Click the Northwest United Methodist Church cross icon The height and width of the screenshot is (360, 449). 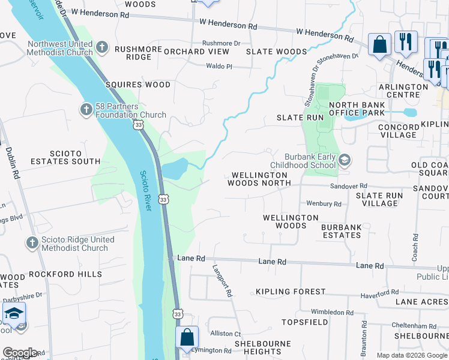pos(102,46)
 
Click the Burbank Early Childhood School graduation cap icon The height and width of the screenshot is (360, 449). pos(345,160)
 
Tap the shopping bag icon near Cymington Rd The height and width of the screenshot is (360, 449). pos(187,338)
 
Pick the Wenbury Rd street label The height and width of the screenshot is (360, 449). pos(324,204)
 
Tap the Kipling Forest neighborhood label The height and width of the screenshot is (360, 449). pos(291,292)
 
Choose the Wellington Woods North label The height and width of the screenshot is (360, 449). pos(259,179)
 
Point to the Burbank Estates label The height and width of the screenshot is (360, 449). pos(341,231)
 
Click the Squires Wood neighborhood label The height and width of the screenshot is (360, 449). pos(138,85)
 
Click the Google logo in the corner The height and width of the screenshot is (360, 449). pos(20,352)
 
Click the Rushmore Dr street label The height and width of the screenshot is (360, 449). pos(221,43)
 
